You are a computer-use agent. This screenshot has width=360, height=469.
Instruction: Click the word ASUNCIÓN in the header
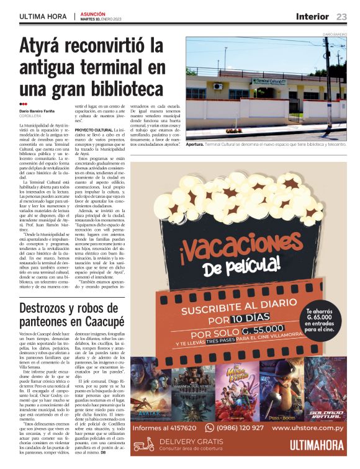(92, 13)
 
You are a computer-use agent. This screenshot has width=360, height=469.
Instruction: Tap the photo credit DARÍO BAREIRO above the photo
(335, 33)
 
